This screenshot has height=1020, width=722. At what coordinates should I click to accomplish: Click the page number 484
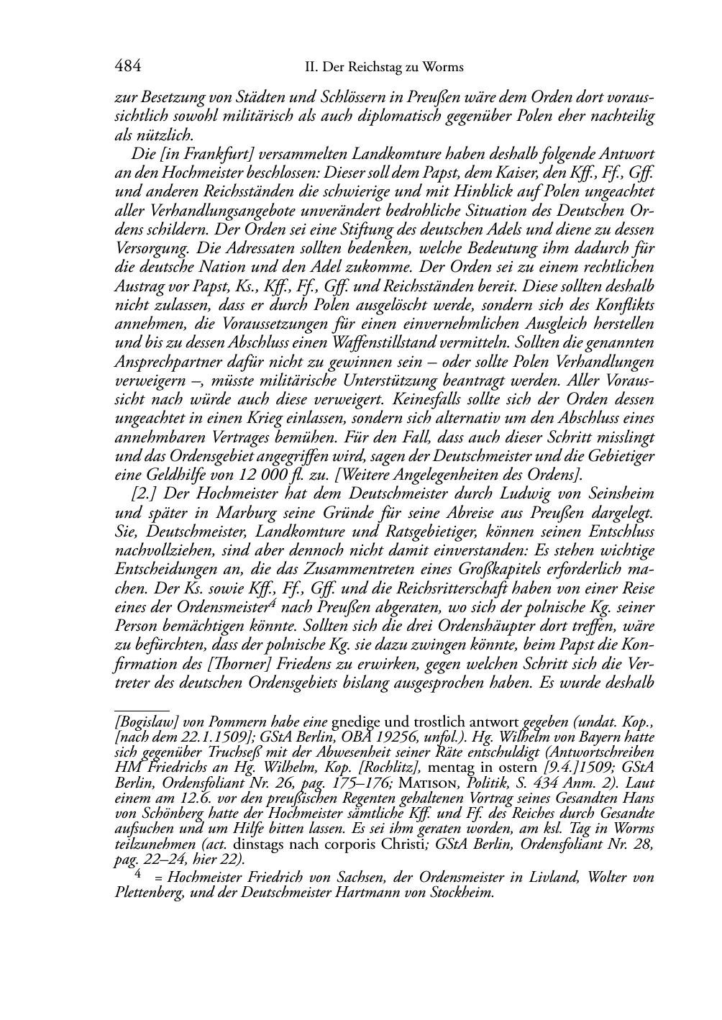pyautogui.click(x=127, y=67)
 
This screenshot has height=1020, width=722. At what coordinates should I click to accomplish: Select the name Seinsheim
pyautogui.click(x=621, y=493)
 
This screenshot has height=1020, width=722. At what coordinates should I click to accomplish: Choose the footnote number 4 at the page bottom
pyautogui.click(x=137, y=876)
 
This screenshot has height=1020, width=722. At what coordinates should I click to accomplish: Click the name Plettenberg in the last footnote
pyautogui.click(x=147, y=893)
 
